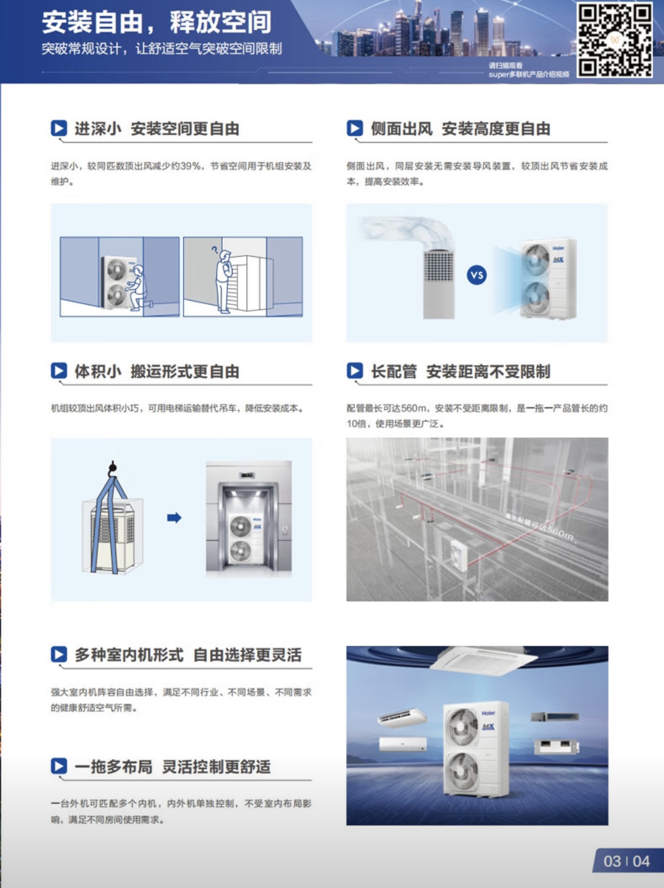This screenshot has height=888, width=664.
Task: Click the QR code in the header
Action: (x=615, y=40)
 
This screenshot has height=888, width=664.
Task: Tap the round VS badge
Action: (x=477, y=275)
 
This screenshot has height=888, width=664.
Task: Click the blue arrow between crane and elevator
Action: (x=174, y=518)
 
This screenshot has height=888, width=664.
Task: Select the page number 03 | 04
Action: (x=626, y=861)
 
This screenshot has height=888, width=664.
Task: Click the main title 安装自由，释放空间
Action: (x=156, y=22)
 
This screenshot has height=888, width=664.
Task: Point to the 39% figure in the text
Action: (x=190, y=166)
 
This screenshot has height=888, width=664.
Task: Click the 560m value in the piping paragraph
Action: (x=414, y=409)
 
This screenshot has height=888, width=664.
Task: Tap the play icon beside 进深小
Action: (x=59, y=128)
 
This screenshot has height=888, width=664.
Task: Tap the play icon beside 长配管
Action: (x=355, y=371)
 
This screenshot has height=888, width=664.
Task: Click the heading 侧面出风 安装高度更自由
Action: (x=460, y=129)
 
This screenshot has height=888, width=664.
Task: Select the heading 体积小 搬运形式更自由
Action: (x=157, y=371)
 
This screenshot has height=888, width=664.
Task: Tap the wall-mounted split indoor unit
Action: (x=403, y=744)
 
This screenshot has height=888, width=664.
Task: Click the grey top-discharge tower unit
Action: (x=439, y=283)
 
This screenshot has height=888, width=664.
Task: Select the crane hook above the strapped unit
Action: (x=113, y=468)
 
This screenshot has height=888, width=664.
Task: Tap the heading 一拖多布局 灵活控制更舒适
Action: (x=172, y=767)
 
